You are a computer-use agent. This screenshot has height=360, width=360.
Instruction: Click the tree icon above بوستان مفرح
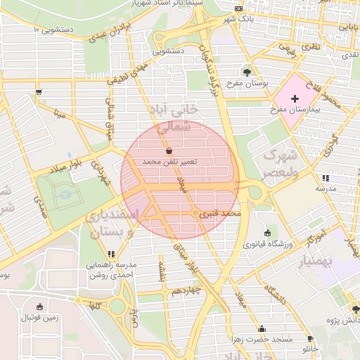[x=246, y=72]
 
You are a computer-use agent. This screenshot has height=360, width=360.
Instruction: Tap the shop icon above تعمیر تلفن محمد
[x=169, y=150]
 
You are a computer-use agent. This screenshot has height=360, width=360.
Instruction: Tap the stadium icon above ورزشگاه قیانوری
[x=267, y=233]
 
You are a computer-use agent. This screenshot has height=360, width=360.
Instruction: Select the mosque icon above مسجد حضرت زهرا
[x=262, y=328]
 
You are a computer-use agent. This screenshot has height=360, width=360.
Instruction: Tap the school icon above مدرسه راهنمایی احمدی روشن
[x=111, y=254]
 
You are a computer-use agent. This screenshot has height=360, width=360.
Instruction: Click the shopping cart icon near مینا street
[x=38, y=91]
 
